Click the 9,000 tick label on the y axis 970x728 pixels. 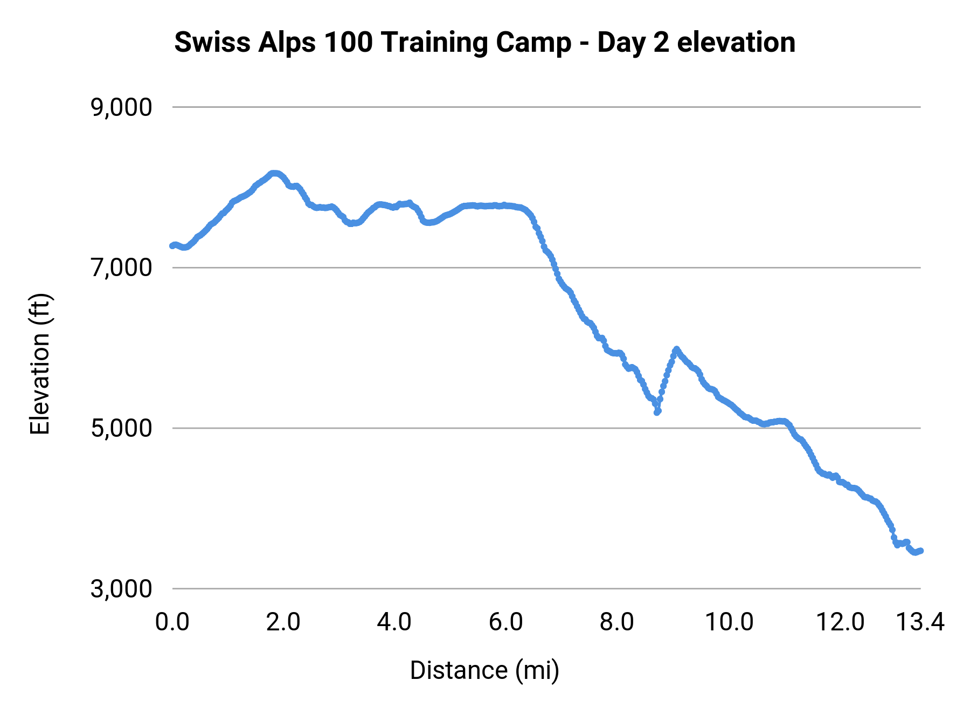tap(121, 108)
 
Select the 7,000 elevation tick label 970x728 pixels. tap(121, 268)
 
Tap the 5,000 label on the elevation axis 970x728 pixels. tap(121, 429)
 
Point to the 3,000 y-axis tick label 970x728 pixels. tap(121, 589)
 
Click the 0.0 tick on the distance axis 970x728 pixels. tap(172, 622)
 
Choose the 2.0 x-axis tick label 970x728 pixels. tap(283, 622)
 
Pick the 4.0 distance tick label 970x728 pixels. tap(394, 622)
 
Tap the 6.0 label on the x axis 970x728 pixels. tap(505, 622)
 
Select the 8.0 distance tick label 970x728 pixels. tap(616, 622)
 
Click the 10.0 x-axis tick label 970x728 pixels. tap(729, 622)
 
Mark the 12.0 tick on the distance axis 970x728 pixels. tap(840, 622)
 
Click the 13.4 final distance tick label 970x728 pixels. tap(920, 622)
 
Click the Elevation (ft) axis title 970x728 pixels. tap(40, 364)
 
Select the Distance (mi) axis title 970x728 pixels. tap(484, 671)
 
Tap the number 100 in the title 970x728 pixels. tap(349, 43)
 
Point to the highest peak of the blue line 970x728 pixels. tap(274, 173)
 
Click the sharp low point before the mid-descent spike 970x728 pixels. tap(657, 412)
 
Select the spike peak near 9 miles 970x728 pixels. tap(676, 349)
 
